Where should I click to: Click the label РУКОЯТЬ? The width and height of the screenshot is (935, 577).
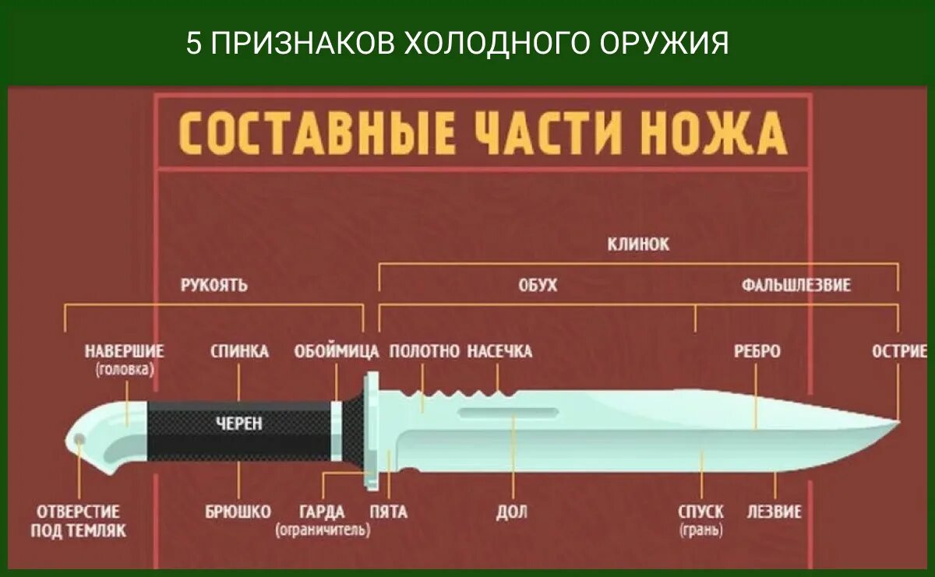(x=214, y=285)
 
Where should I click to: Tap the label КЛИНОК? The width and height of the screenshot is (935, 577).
(x=638, y=245)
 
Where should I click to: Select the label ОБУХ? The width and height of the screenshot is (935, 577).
(x=538, y=285)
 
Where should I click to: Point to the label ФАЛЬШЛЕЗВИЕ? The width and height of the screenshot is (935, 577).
(x=796, y=285)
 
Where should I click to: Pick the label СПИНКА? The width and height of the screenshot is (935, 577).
(x=239, y=352)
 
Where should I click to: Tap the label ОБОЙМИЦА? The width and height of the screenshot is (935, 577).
(x=337, y=352)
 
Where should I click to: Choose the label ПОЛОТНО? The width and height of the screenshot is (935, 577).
(x=424, y=352)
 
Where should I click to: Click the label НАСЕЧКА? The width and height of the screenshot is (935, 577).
(x=499, y=352)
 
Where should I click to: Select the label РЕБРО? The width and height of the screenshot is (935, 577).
(x=757, y=352)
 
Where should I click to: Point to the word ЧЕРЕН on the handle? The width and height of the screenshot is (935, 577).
(x=239, y=424)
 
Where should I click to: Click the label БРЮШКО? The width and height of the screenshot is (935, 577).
(x=238, y=512)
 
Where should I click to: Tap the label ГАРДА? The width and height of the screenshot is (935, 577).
(x=322, y=512)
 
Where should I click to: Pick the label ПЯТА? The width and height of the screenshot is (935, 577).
(x=388, y=512)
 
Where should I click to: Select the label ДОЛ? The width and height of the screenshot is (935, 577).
(x=511, y=512)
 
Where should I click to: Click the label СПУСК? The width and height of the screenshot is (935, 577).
(x=700, y=512)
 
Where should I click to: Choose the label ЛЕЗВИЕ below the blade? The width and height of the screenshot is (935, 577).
(x=774, y=512)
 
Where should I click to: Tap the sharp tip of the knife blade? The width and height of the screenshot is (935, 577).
(x=898, y=424)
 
